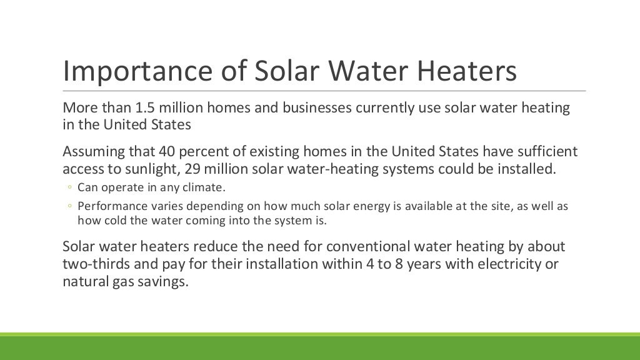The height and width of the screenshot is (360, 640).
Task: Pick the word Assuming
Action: click(x=91, y=152)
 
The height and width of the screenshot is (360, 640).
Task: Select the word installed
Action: click(x=523, y=168)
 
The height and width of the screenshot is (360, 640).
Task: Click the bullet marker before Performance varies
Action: click(x=71, y=206)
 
